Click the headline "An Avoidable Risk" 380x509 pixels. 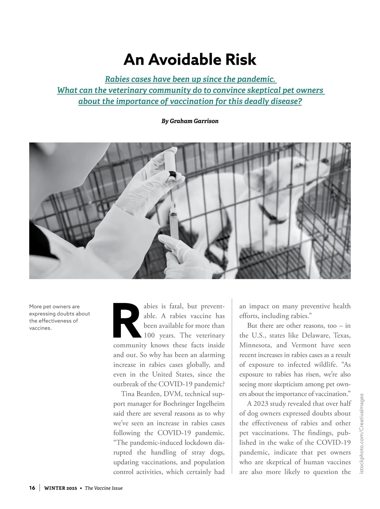[x=190, y=60]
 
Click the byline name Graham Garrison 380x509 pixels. [x=194, y=121]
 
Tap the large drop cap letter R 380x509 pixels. [x=126, y=320]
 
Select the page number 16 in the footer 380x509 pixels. [x=32, y=488]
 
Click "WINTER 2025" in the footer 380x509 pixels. [x=60, y=488]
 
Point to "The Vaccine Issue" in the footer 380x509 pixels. [x=104, y=488]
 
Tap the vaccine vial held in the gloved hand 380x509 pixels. [x=171, y=177]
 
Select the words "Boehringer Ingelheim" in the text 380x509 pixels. [x=194, y=404]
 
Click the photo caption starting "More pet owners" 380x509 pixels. [x=60, y=317]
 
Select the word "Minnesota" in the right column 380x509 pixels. [x=255, y=345]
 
